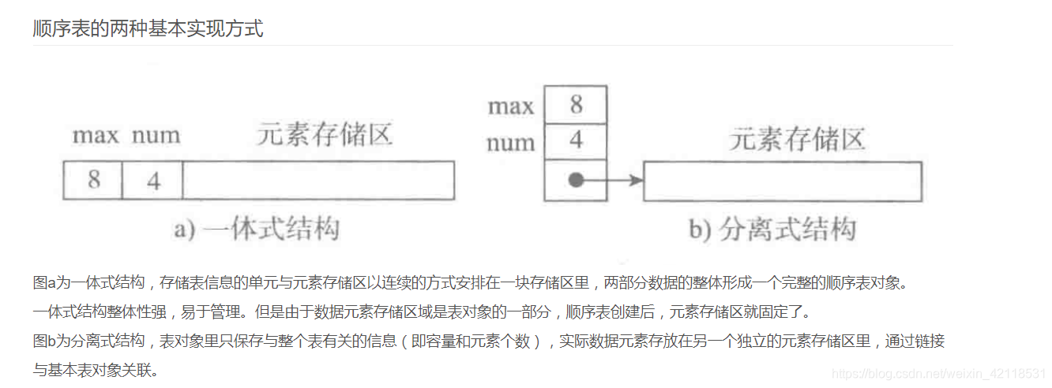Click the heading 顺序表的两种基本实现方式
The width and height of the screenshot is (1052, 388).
[148, 29]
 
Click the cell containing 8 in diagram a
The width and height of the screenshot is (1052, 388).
[93, 180]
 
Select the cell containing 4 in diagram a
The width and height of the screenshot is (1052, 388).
[153, 180]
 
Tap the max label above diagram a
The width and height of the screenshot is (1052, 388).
[95, 136]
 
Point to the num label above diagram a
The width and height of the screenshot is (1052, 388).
[155, 136]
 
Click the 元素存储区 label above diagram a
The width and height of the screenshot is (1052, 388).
[324, 135]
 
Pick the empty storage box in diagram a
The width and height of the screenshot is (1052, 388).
[318, 180]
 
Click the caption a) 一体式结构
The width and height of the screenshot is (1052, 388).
[257, 229]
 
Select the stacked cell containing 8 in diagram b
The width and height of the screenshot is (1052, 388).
[576, 105]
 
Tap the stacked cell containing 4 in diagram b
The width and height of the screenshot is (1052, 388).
[576, 142]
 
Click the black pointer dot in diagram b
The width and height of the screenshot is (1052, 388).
[576, 181]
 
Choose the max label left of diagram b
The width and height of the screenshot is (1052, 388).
[511, 106]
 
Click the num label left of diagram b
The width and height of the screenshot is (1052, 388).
[511, 143]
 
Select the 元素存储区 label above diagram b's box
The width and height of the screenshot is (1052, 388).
[797, 140]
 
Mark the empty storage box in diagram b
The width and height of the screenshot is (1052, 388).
[783, 181]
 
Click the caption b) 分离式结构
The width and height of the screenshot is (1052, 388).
[772, 229]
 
